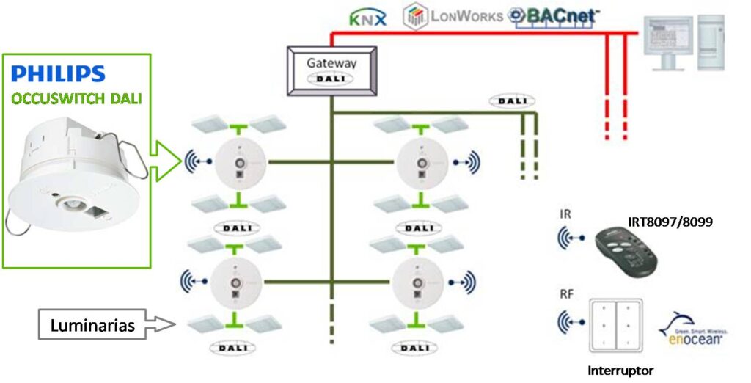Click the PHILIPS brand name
(59, 73)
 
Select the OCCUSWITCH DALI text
(77, 98)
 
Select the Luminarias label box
(92, 325)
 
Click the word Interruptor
(620, 371)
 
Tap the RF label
(566, 295)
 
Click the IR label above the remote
(565, 214)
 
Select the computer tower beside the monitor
(711, 44)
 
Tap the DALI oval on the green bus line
(511, 101)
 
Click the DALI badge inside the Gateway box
(331, 78)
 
